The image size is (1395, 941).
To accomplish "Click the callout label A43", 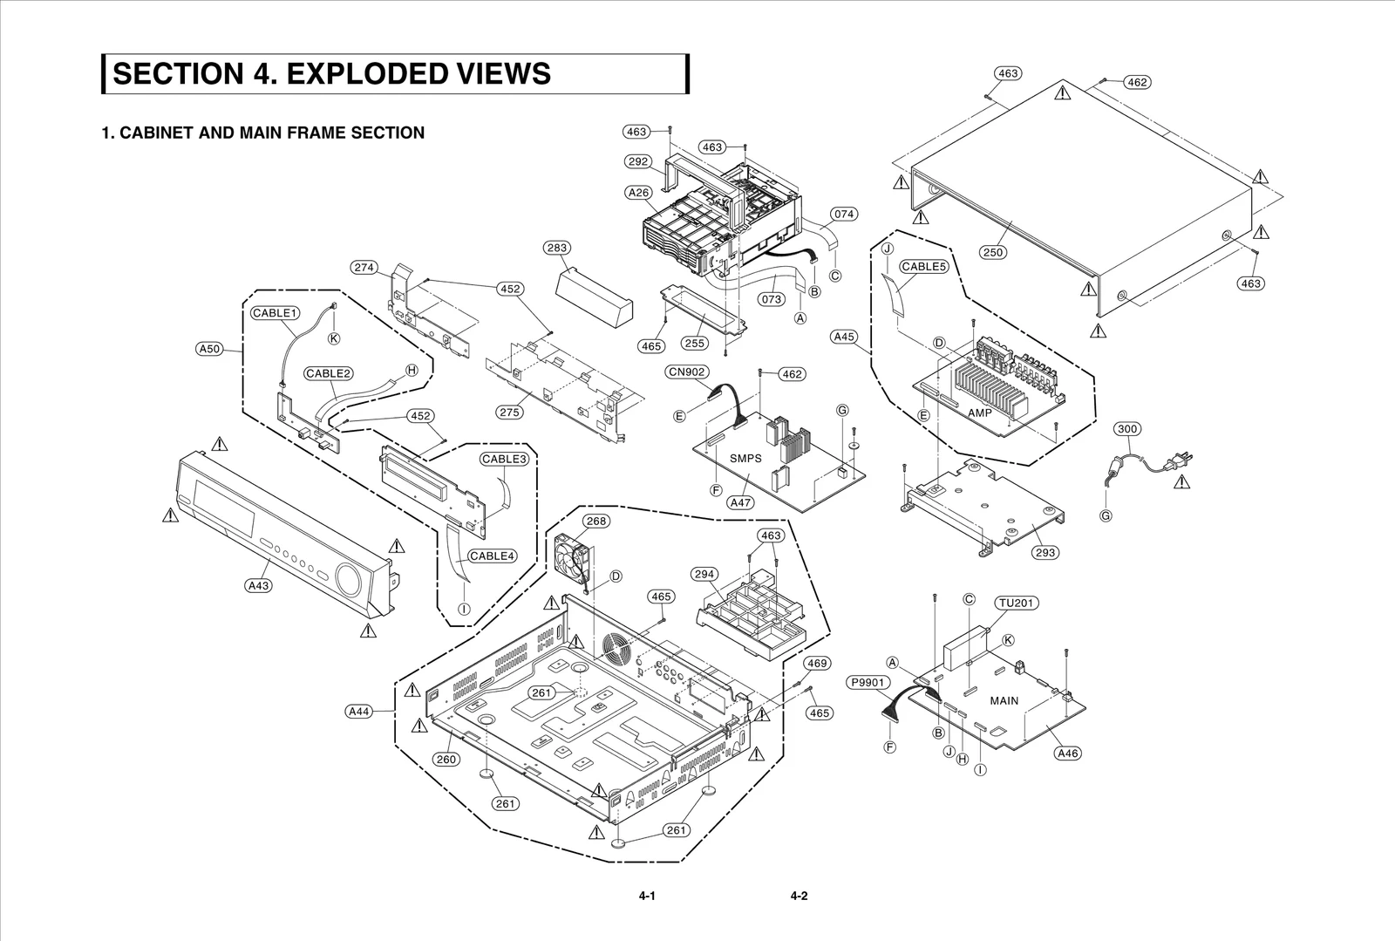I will pyautogui.click(x=258, y=586).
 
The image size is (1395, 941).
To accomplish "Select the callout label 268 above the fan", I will pyautogui.click(x=596, y=522).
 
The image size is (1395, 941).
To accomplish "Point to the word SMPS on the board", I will pyautogui.click(x=745, y=458).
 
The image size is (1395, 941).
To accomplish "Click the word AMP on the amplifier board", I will pyautogui.click(x=979, y=413).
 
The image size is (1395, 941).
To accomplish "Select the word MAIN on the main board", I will pyautogui.click(x=1004, y=700).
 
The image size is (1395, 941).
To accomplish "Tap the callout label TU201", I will pyautogui.click(x=1017, y=603).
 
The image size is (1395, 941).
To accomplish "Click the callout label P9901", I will pyautogui.click(x=868, y=683).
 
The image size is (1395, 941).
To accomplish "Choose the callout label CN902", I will pyautogui.click(x=687, y=372).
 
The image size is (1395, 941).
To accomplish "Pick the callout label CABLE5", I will pyautogui.click(x=923, y=267).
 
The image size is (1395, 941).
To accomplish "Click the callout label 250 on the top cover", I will pyautogui.click(x=992, y=252).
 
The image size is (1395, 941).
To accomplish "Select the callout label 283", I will pyautogui.click(x=557, y=248).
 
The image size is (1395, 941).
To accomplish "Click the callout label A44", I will pyautogui.click(x=359, y=712).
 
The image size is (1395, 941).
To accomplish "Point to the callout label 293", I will pyautogui.click(x=1045, y=552).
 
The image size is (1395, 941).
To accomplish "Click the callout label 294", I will pyautogui.click(x=704, y=574).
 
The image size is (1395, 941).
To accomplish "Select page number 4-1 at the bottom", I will pyautogui.click(x=646, y=896).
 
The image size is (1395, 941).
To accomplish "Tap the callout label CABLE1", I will pyautogui.click(x=276, y=313).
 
